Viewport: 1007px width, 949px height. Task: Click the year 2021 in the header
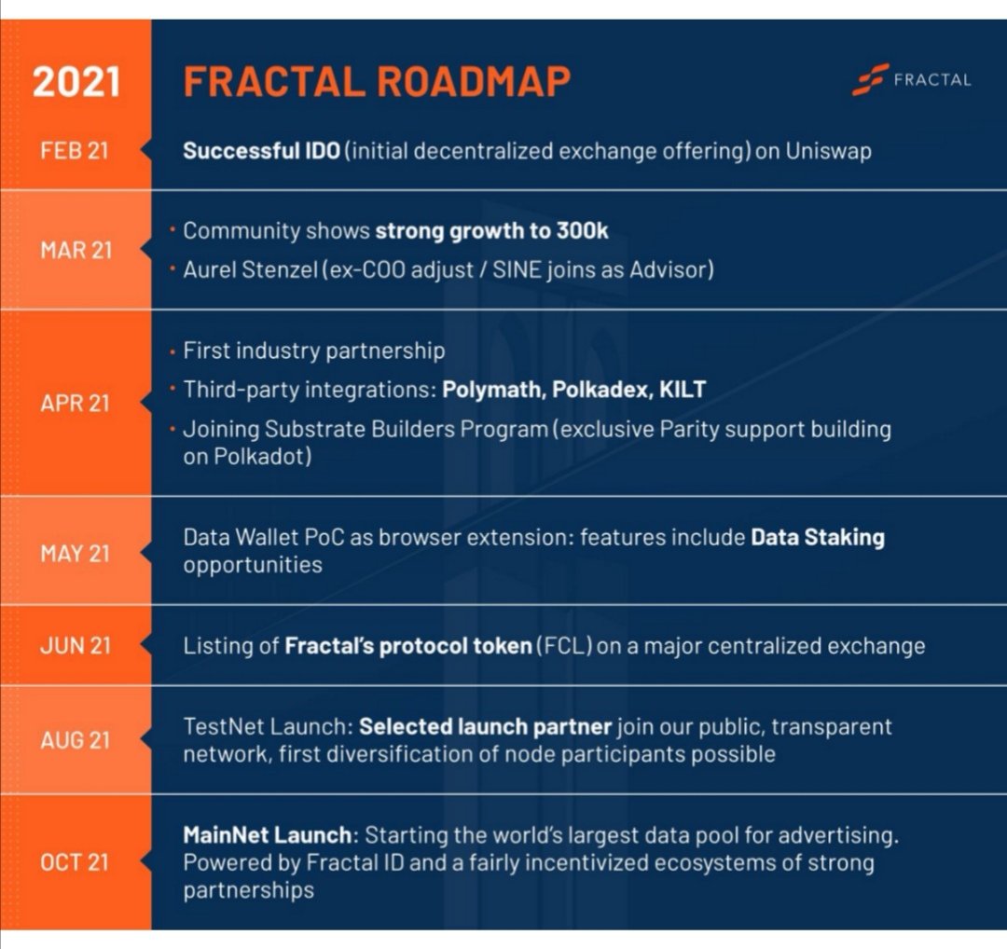point(76,81)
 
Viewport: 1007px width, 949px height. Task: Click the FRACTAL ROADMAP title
point(377,81)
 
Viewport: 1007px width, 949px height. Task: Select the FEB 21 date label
point(75,151)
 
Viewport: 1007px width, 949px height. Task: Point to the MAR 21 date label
point(76,251)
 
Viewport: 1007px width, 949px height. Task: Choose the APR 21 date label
point(75,403)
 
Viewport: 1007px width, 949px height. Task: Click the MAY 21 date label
point(75,553)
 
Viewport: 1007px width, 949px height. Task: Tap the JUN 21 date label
point(75,646)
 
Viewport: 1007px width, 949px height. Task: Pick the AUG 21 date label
point(75,740)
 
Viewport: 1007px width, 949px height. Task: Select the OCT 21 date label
point(75,862)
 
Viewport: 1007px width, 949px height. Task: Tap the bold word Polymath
point(493,390)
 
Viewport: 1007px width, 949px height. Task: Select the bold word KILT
point(683,390)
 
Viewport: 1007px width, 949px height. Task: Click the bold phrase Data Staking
point(817,537)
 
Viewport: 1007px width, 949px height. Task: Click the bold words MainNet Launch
point(267,834)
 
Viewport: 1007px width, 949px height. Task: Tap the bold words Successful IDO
point(261,151)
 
